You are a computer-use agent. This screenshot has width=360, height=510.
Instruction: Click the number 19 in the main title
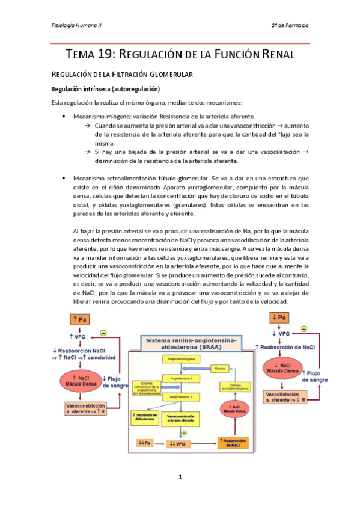pyautogui.click(x=100, y=54)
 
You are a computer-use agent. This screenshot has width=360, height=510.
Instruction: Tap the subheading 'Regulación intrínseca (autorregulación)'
pyautogui.click(x=105, y=88)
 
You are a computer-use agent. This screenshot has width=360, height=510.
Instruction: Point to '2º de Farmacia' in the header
pyautogui.click(x=290, y=26)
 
